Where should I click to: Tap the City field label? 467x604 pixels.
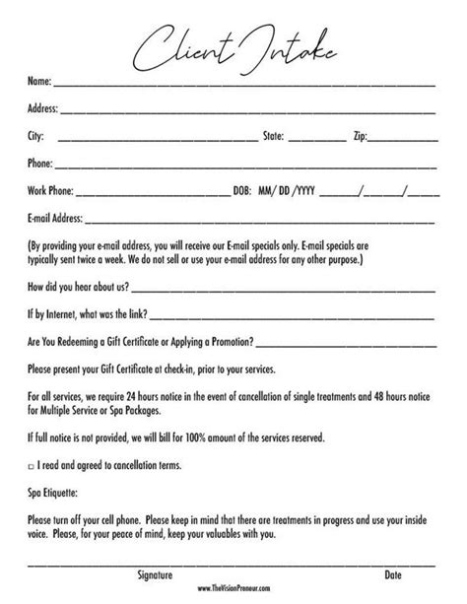click(x=36, y=137)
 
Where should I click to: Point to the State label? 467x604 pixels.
click(x=273, y=137)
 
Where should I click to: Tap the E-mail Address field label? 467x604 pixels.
click(x=56, y=217)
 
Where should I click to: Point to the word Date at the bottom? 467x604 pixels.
click(x=392, y=573)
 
